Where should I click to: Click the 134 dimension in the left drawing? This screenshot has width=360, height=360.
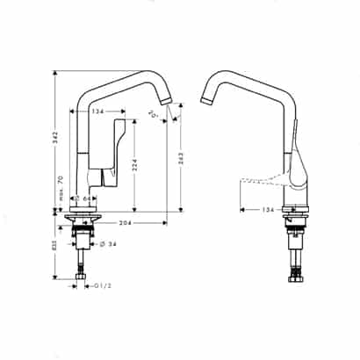(x=99, y=112)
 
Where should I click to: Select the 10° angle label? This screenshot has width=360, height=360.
(x=155, y=114)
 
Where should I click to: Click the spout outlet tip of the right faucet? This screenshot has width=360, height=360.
(x=207, y=102)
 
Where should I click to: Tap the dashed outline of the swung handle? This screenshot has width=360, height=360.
(x=259, y=185)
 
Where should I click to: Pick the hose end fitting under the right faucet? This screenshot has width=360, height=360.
(x=295, y=280)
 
